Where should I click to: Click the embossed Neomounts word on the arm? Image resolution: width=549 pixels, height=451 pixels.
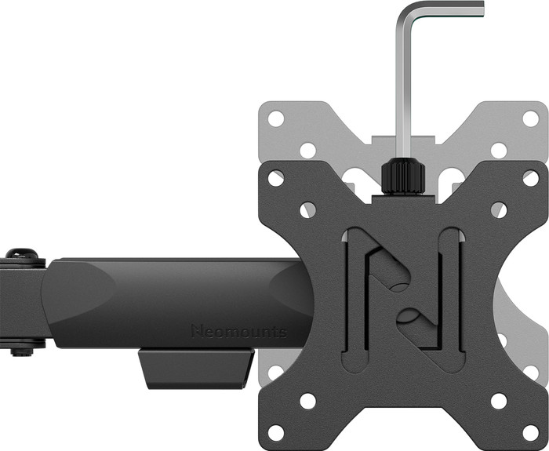[x=238, y=331]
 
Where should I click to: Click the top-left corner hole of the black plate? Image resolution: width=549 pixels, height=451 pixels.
[x=276, y=178]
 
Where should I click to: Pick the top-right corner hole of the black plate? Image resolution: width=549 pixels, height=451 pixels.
[x=530, y=178]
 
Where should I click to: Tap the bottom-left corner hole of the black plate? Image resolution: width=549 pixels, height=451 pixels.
[x=276, y=432]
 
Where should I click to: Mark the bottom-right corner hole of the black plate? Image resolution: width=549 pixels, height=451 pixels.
[x=530, y=432]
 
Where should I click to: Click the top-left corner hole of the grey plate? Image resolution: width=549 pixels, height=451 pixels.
[x=276, y=118]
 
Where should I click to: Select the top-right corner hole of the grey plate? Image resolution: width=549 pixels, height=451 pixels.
[x=530, y=118]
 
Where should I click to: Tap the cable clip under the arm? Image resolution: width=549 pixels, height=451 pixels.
[x=196, y=369]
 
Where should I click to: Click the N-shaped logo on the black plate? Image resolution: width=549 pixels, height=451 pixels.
[x=403, y=298]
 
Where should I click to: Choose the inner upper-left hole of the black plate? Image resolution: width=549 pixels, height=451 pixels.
[x=307, y=209]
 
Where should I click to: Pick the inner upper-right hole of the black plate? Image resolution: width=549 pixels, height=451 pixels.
[x=499, y=209]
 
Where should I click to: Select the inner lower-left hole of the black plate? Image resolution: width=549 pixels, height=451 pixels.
[x=307, y=401]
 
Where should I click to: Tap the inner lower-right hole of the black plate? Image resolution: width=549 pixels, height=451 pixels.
[x=499, y=401]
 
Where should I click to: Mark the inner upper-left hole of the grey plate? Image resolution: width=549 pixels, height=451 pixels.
[x=307, y=149]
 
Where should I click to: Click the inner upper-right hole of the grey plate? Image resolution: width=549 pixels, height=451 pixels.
[x=499, y=149]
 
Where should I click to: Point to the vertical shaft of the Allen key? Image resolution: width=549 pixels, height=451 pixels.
[x=405, y=86]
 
